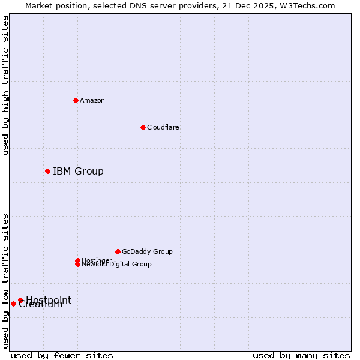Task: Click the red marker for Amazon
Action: (x=76, y=100)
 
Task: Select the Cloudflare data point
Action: (x=143, y=127)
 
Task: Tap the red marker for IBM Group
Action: (x=47, y=172)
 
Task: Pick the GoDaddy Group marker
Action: (x=118, y=251)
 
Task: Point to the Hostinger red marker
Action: (x=77, y=260)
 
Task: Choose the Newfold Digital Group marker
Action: (x=77, y=264)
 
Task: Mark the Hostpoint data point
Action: (x=20, y=300)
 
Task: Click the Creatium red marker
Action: (x=13, y=304)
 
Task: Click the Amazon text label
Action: (x=92, y=100)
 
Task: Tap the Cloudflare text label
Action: (x=163, y=127)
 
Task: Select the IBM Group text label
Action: (x=78, y=172)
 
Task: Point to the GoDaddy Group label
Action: (x=147, y=251)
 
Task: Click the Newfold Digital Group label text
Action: (x=117, y=265)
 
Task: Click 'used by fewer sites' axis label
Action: (x=62, y=355)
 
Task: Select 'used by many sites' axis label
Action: (x=301, y=355)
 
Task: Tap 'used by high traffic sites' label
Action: (x=5, y=85)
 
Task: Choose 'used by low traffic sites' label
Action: (x=5, y=280)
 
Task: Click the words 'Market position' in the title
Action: (x=53, y=6)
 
